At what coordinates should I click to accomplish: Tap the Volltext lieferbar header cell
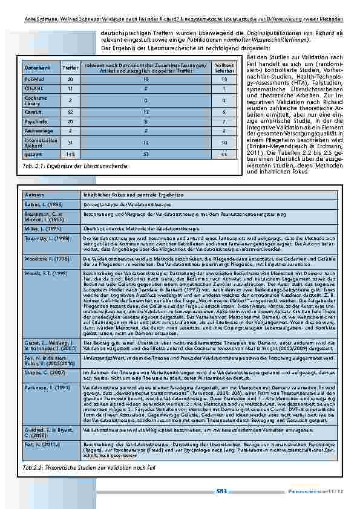pos(224,68)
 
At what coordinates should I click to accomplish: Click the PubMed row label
pos(34,79)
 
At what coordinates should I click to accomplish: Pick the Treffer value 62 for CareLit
pos(70,112)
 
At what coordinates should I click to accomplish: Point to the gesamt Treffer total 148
pos(70,155)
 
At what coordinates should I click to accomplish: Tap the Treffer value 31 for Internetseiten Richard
pos(70,143)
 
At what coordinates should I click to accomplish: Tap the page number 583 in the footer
pos(221,491)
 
